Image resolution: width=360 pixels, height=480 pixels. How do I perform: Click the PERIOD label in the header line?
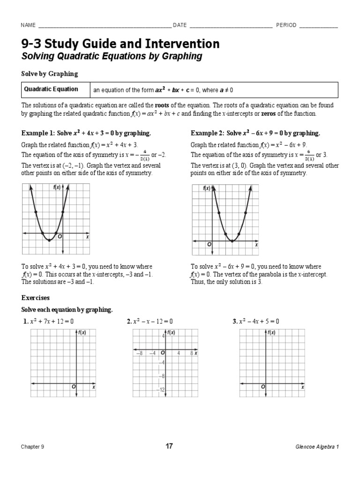point(286,25)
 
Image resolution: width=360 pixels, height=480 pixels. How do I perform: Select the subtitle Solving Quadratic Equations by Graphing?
point(112,57)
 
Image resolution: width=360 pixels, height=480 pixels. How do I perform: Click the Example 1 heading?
point(86,133)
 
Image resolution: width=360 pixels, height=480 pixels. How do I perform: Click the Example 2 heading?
point(255,133)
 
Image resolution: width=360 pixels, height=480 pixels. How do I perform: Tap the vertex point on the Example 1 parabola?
point(49,240)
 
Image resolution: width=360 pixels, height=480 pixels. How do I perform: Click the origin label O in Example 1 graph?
point(60,237)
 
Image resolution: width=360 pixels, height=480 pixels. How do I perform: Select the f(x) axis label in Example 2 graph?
point(207,188)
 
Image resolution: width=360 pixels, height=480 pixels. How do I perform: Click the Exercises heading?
point(36,298)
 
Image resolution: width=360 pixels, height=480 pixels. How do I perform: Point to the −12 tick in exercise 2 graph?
point(161,390)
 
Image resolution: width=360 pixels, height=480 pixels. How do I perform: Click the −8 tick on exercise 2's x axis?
point(139,353)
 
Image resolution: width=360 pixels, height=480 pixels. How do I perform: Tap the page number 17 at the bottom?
point(169,446)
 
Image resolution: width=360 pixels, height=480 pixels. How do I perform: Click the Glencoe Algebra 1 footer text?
point(316,447)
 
